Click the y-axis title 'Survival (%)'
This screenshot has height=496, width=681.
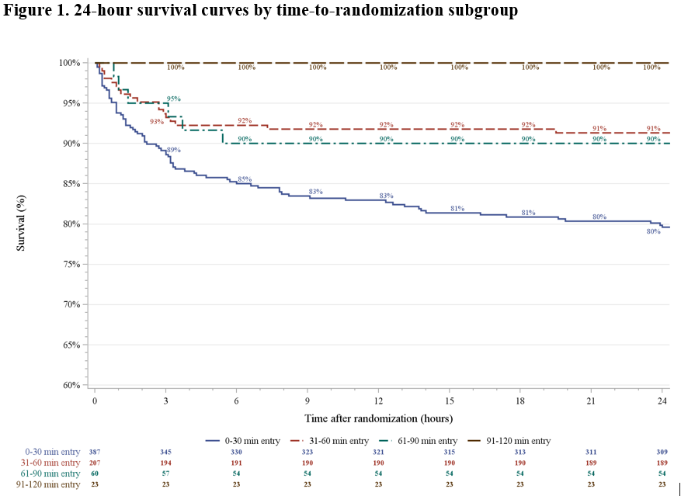pyautogui.click(x=22, y=224)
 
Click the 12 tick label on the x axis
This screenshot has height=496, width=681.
pyautogui.click(x=378, y=401)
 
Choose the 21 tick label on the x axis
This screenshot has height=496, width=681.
pyautogui.click(x=592, y=401)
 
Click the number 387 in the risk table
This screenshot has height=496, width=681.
pyautogui.click(x=95, y=452)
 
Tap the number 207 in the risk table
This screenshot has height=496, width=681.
pyautogui.click(x=95, y=463)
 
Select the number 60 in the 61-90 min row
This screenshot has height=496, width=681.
pyautogui.click(x=95, y=473)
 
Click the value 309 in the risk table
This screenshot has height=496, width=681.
pyautogui.click(x=662, y=452)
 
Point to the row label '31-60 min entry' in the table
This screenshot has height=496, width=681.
pyautogui.click(x=43, y=463)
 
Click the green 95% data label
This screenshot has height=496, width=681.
pyautogui.click(x=173, y=99)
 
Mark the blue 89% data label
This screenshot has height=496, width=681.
pyautogui.click(x=173, y=150)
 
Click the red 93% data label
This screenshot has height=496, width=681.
pyautogui.click(x=157, y=121)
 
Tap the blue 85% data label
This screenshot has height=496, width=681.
pyautogui.click(x=245, y=179)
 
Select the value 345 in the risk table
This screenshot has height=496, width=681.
pyautogui.click(x=165, y=452)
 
